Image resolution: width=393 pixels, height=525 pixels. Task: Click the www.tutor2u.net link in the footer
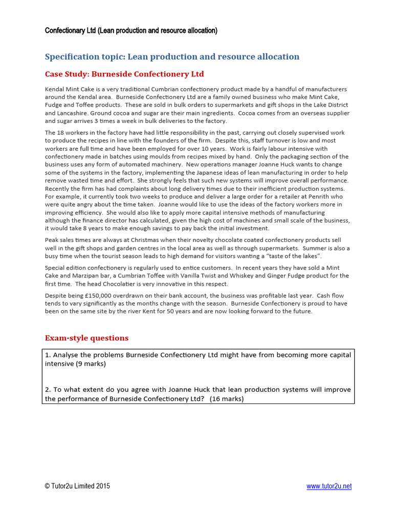pyautogui.click(x=329, y=487)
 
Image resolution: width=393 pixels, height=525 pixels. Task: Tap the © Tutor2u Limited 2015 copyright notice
pyautogui.click(x=77, y=487)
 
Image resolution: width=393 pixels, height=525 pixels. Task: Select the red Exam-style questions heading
pyautogui.click(x=86, y=338)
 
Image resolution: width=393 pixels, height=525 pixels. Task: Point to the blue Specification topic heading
pyautogui.click(x=172, y=56)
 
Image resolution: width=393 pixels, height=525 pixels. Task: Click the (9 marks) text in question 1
pyautogui.click(x=93, y=364)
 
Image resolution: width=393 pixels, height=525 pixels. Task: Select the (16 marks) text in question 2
pyautogui.click(x=227, y=399)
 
